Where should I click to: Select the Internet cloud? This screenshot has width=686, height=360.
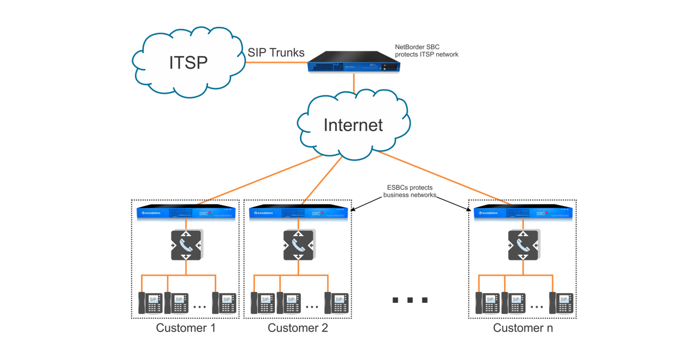pos(353,125)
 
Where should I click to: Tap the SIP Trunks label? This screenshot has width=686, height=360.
pos(276,52)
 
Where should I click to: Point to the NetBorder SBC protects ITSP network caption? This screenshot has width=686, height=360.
pos(426,51)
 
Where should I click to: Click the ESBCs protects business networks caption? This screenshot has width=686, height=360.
pos(409,191)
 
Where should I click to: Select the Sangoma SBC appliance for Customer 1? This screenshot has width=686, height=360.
pos(186,212)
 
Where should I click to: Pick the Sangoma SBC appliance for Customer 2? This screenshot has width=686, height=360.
pos(298,212)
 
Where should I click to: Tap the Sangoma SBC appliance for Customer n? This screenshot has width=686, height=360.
pos(523,212)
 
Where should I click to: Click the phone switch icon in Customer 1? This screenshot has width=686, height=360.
pos(186,245)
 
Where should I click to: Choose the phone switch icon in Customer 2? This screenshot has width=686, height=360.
pos(298,245)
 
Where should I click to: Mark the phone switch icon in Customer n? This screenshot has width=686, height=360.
pos(523,245)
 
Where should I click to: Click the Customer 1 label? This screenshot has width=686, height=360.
pos(186,328)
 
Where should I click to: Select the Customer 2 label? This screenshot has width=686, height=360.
pos(298,328)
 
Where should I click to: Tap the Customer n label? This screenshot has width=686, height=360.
pos(523,328)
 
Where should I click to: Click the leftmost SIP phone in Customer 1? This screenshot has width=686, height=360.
pos(150,302)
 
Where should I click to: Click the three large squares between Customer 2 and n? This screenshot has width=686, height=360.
pos(410,300)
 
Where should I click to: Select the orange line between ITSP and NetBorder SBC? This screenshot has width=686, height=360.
pos(276,62)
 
